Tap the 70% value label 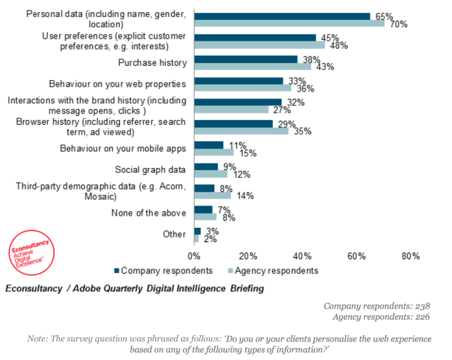398,24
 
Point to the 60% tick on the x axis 356,256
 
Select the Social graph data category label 151,169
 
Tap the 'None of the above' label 149,212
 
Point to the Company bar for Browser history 233,124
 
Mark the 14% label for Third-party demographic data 245,195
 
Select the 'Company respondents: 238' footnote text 377,306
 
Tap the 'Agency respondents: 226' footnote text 380,316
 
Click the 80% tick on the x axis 411,256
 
